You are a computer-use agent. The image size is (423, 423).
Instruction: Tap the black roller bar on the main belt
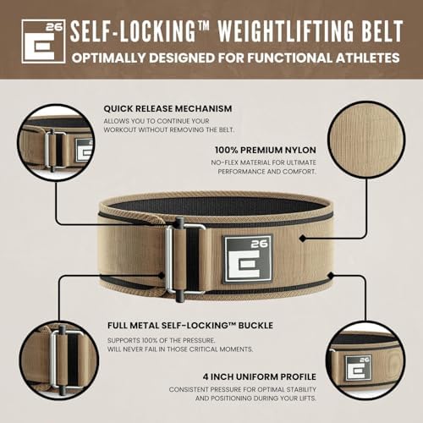coord(180,254)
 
